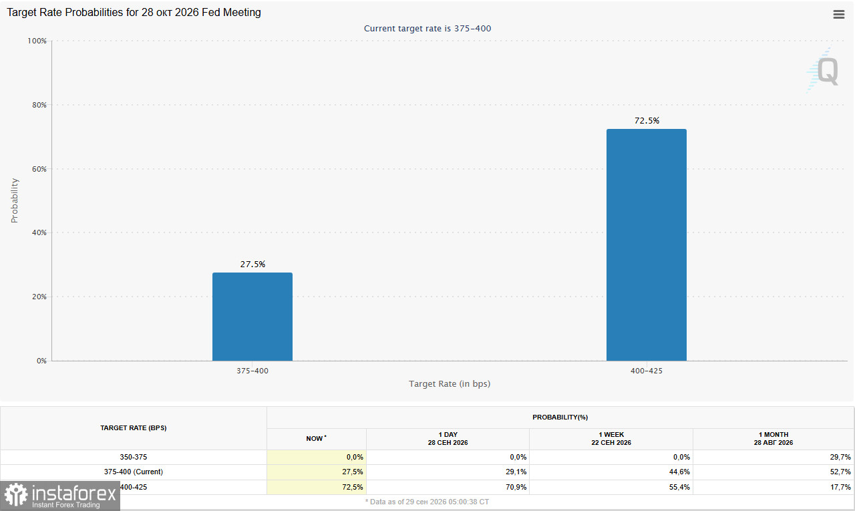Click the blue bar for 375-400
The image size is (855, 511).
(x=252, y=317)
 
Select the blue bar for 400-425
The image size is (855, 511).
(x=646, y=244)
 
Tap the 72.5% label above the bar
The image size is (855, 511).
(x=647, y=121)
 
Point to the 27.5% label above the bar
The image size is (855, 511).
(x=252, y=264)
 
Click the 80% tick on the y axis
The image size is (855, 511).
(x=39, y=105)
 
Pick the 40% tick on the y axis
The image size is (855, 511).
(x=39, y=232)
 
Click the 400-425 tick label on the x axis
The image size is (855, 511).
(x=646, y=371)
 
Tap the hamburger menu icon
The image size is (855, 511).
(x=838, y=15)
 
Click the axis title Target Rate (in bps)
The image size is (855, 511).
(x=450, y=383)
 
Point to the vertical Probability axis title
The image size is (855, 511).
(x=15, y=200)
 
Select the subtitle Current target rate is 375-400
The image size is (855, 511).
(x=427, y=29)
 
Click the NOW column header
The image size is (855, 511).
(x=316, y=438)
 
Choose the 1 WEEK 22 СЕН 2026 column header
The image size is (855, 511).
(x=611, y=438)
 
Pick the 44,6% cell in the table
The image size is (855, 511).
(x=679, y=472)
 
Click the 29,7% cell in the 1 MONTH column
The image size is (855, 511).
(x=840, y=457)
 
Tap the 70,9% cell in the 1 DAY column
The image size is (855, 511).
(x=516, y=487)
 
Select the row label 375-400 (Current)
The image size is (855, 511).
(x=133, y=472)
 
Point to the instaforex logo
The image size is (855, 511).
(x=60, y=496)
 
